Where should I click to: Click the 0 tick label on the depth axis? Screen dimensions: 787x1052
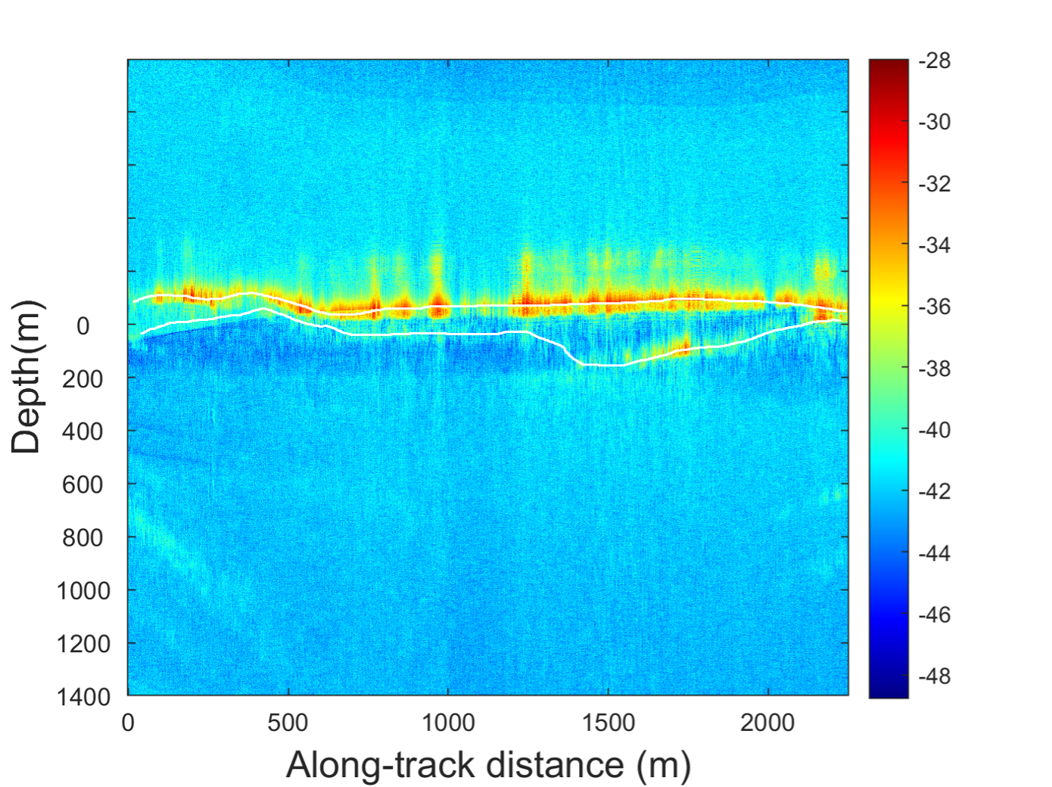tap(82, 326)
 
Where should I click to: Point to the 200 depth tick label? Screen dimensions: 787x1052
tap(82, 379)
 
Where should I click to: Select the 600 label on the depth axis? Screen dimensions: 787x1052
tap(82, 485)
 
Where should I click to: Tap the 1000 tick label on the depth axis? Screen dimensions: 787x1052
tap(83, 591)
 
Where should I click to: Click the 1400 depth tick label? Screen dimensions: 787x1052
tap(83, 697)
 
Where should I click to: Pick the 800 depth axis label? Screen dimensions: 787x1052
tap(82, 538)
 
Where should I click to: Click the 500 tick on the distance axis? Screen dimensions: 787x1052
tap(288, 723)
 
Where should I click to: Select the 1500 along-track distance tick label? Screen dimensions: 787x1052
tap(608, 723)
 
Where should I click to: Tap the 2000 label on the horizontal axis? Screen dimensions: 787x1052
tap(767, 723)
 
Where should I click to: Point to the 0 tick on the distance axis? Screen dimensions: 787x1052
tap(128, 723)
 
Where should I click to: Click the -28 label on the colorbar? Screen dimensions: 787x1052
tap(935, 61)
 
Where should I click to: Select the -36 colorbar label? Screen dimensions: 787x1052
tap(935, 306)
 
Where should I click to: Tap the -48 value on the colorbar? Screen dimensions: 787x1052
tap(935, 676)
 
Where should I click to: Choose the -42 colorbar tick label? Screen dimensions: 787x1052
tap(935, 491)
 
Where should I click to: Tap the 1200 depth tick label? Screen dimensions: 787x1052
tap(83, 644)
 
